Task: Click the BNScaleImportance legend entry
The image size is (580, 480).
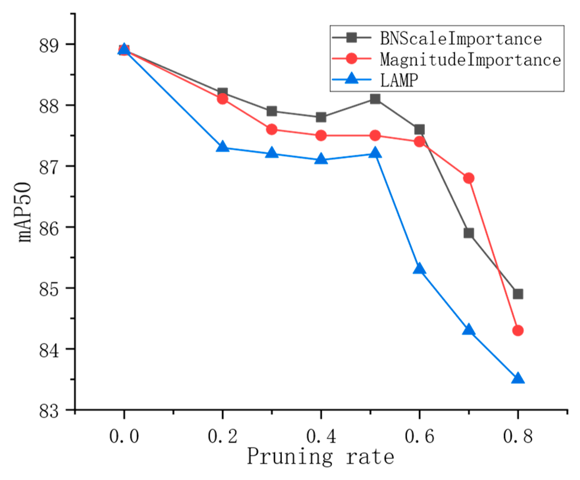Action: pos(460,38)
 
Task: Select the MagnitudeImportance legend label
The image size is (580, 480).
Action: pos(470,60)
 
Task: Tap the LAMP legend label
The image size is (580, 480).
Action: pos(399,80)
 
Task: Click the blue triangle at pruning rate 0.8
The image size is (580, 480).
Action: pos(518,378)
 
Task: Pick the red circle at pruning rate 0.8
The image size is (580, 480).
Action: pos(518,330)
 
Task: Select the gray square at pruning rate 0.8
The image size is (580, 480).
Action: pos(518,294)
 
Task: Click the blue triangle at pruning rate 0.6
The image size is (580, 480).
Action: pos(419,269)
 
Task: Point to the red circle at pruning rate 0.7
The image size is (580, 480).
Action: pos(468,178)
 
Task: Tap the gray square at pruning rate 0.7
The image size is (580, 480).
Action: pos(468,233)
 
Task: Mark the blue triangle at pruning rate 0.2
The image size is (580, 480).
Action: pos(223,146)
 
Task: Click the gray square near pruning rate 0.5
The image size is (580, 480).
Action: pos(375,99)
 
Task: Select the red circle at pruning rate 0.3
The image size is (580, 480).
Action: pos(272,129)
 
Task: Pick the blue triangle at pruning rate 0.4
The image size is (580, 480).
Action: pos(321,159)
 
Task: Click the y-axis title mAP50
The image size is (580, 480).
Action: pos(25,212)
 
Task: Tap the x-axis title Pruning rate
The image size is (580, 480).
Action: pos(320,457)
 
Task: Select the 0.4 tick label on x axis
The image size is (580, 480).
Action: pos(321,437)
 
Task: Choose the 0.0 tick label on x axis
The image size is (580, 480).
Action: pos(124,437)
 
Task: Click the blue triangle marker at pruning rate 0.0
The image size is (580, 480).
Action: pos(124,49)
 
